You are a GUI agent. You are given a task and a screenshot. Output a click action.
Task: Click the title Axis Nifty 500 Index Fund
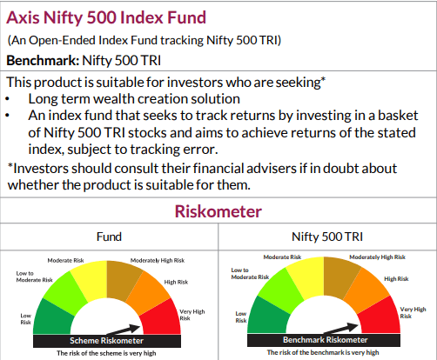pos(105,17)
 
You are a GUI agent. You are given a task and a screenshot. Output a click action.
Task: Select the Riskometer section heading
pos(218,211)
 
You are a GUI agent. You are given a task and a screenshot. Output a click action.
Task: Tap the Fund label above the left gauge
pos(109,236)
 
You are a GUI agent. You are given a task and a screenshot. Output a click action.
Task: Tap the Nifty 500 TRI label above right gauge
pos(326,236)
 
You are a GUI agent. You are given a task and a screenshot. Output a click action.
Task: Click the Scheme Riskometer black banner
pos(104,340)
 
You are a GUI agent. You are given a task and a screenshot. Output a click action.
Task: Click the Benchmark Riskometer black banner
pos(323,340)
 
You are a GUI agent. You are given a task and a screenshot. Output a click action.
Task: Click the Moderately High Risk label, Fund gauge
pos(158,260)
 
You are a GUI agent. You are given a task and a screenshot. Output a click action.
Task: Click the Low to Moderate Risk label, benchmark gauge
pos(246,276)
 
